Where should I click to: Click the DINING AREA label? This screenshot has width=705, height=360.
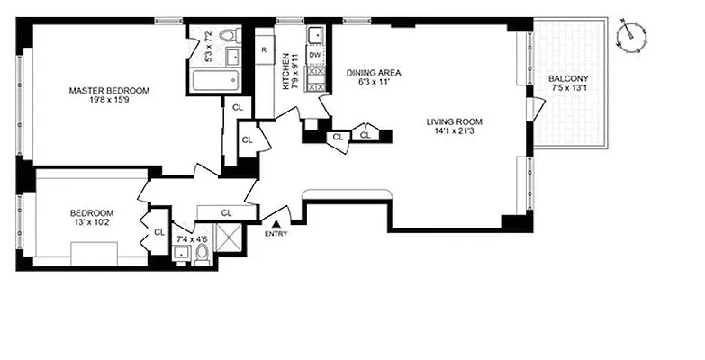click(373, 73)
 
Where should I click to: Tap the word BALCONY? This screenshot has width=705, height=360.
click(569, 78)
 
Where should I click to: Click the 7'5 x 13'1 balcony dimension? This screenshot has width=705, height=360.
click(569, 88)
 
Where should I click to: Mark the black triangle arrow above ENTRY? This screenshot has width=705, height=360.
click(277, 222)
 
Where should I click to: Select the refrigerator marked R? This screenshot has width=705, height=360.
click(264, 49)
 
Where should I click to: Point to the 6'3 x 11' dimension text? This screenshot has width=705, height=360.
click(373, 83)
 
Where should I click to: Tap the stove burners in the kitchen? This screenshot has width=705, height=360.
click(315, 78)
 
